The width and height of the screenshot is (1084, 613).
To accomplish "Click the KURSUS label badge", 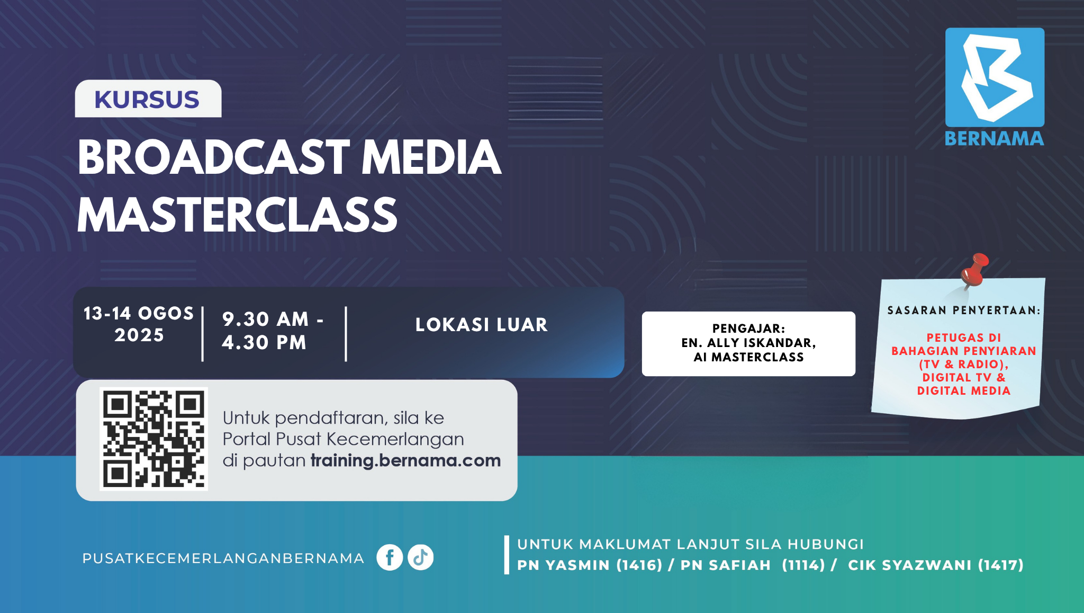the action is tap(148, 99).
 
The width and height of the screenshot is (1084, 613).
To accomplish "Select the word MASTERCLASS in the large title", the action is tap(237, 215).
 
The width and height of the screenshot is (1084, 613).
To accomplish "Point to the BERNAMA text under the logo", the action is tap(995, 139).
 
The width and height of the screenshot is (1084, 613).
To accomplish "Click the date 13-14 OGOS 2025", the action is tap(139, 324).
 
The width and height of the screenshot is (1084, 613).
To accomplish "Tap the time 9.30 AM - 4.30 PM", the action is tap(273, 331).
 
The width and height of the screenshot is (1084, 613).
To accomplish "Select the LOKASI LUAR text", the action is tap(482, 325).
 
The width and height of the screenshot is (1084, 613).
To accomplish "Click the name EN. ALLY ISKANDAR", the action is tap(748, 343).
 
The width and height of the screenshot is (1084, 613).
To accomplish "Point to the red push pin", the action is tap(974, 270).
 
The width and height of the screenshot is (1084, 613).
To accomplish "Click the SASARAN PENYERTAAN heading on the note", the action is tap(964, 310).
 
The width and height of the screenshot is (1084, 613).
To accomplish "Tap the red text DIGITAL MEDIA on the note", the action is tap(964, 391).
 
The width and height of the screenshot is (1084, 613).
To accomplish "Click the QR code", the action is tap(153, 439).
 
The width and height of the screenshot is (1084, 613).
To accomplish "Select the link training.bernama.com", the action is tap(405, 460).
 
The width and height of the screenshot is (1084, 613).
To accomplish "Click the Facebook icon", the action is tap(390, 557).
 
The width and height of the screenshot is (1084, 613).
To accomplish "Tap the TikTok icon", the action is tap(421, 557).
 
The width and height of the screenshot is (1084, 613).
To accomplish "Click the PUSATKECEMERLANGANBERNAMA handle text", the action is tap(223, 558).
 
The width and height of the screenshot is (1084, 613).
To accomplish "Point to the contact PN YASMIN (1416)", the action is tap(590, 565).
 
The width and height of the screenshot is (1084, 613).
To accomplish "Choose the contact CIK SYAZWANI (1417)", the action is tap(936, 565).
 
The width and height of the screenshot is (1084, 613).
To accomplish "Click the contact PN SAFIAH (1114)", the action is tap(753, 565).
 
